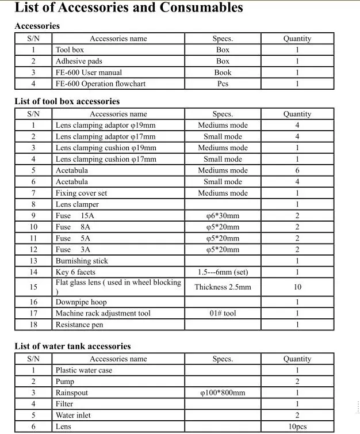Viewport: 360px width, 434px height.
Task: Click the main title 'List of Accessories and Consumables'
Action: point(128,8)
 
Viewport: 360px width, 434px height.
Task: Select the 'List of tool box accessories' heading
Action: point(67,101)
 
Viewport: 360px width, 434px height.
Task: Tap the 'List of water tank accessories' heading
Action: point(72,346)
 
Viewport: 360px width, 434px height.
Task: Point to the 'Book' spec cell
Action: point(223,73)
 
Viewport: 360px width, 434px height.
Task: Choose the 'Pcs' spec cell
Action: point(223,83)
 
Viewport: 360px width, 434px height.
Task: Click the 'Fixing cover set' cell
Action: point(81,193)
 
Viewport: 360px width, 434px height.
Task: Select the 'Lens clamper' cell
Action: point(77,204)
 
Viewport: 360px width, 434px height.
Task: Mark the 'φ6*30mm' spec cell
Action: point(223,216)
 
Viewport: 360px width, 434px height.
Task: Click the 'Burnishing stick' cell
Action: point(82,261)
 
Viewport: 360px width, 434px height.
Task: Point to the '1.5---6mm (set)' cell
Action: point(223,272)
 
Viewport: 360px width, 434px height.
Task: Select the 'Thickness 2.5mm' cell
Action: point(223,287)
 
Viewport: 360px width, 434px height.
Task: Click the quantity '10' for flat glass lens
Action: point(297,287)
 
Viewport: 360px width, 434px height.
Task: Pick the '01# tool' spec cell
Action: point(223,313)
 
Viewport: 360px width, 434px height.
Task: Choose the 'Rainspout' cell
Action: point(72,393)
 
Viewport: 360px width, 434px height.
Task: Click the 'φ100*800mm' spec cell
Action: point(223,393)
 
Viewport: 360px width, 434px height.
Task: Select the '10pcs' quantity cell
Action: point(297,427)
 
